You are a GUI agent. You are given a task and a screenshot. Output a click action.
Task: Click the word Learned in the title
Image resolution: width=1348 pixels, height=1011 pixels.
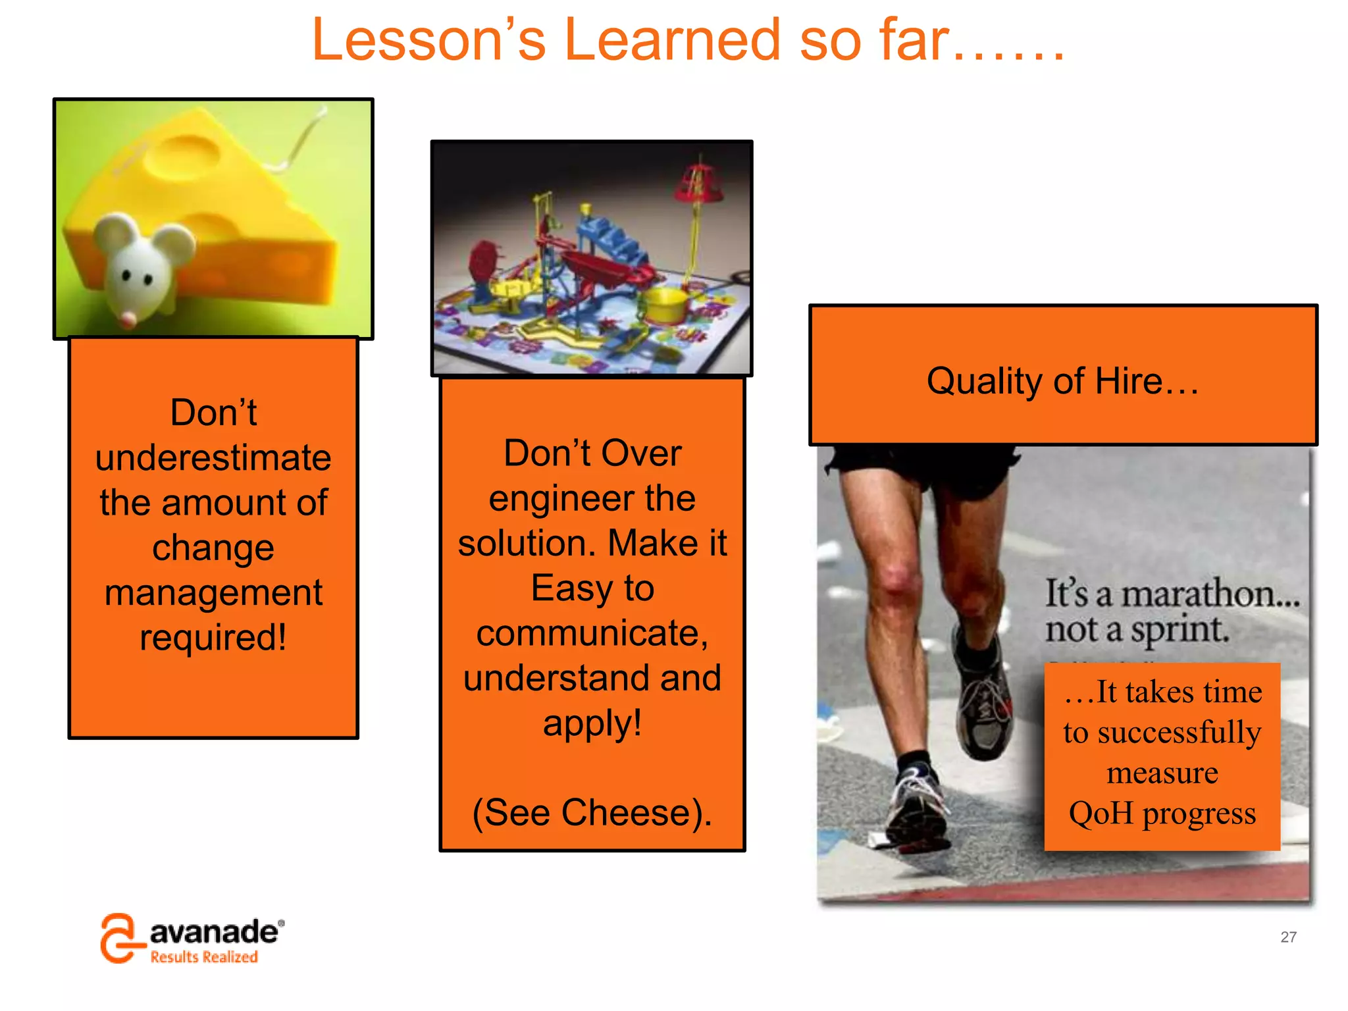click(672, 41)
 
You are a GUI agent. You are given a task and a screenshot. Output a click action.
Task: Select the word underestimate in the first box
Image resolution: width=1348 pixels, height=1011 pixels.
click(213, 457)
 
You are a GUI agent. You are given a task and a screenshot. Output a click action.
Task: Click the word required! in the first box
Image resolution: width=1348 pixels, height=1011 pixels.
click(213, 637)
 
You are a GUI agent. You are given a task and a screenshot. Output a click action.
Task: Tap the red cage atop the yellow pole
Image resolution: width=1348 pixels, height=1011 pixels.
click(698, 181)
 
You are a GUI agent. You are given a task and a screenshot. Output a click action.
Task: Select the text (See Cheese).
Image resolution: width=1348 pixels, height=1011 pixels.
click(592, 812)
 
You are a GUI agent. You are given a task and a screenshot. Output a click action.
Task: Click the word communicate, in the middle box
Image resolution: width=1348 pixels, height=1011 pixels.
click(592, 633)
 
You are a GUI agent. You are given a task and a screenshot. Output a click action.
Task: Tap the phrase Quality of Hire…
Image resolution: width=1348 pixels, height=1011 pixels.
click(1062, 381)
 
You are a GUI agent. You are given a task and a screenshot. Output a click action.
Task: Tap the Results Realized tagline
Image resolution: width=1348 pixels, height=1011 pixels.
click(204, 957)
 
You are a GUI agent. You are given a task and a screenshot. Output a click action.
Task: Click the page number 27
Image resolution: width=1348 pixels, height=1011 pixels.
click(1288, 937)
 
